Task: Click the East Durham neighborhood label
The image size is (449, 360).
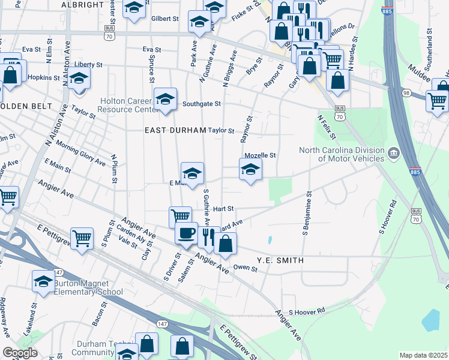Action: [176, 130]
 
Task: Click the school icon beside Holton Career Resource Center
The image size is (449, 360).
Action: [165, 99]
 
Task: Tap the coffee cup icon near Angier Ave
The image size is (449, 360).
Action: [186, 232]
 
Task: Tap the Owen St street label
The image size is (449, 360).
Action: [245, 269]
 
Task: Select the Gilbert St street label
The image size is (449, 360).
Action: [165, 19]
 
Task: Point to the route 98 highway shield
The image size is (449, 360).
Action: [406, 93]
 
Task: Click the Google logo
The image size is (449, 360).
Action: [20, 353]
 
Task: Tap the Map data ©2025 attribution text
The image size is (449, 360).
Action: [423, 355]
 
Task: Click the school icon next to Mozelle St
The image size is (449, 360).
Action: [250, 169]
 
